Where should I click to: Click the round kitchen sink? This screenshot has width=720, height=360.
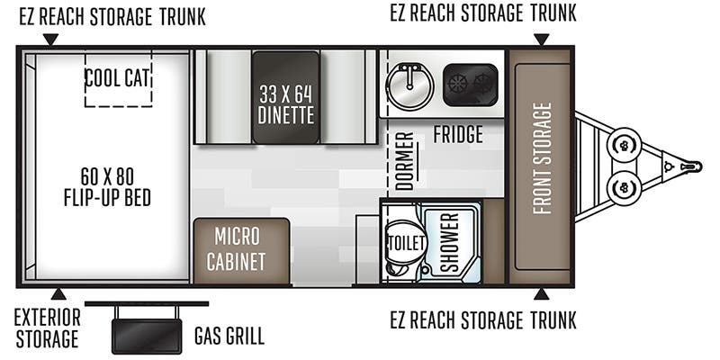[410, 86]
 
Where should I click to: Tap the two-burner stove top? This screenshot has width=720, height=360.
[470, 85]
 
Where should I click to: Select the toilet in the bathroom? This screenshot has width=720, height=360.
[404, 242]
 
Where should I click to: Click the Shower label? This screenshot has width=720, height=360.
[450, 242]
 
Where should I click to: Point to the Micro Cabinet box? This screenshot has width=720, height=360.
[241, 251]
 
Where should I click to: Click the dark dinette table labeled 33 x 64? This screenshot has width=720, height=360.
[285, 97]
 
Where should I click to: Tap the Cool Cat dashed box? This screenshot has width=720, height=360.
[118, 79]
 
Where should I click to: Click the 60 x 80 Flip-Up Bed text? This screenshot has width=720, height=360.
[107, 187]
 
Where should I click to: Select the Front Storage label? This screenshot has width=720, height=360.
[543, 158]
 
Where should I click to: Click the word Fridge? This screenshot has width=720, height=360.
[458, 134]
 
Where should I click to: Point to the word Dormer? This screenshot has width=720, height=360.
[404, 161]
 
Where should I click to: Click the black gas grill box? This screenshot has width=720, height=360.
[147, 336]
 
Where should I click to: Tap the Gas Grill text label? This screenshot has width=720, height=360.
[229, 336]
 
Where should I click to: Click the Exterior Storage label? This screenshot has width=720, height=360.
[47, 328]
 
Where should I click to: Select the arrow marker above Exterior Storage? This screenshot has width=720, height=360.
[58, 294]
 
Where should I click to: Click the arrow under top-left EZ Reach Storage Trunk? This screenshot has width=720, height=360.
[50, 40]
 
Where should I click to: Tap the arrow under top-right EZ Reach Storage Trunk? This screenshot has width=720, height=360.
[542, 40]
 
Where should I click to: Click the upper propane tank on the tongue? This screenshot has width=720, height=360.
[624, 145]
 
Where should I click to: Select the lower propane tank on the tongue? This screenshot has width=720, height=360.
[624, 187]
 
